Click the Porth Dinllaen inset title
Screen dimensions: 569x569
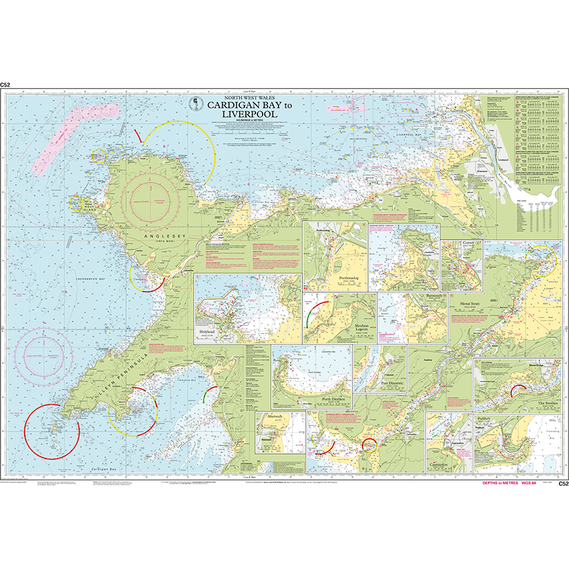[329, 400]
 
